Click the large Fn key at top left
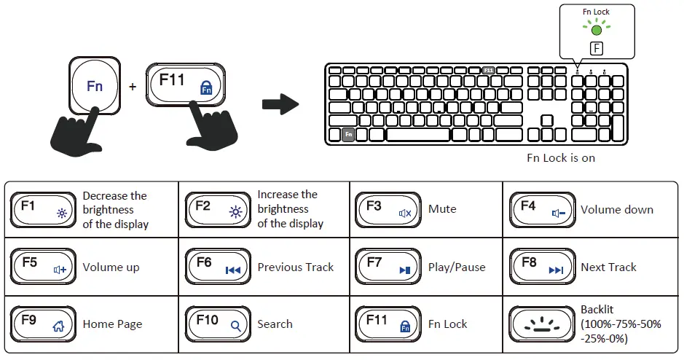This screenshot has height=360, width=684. [95, 86]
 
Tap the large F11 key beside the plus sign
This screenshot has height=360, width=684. [186, 86]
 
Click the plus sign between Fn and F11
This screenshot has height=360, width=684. [133, 87]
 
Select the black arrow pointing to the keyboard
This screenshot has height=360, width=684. [280, 104]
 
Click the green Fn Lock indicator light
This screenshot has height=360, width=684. [597, 31]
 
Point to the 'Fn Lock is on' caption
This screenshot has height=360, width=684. [561, 157]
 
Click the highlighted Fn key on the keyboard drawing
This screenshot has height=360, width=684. [348, 135]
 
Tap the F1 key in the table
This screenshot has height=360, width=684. [43, 209]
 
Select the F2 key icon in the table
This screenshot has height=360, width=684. [217, 209]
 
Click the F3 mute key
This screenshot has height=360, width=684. [388, 209]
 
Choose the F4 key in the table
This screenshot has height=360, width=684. [541, 209]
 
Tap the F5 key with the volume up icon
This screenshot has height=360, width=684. [43, 267]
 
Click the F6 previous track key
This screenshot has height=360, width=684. [217, 267]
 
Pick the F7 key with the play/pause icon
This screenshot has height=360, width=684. [388, 267]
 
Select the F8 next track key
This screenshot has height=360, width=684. [541, 267]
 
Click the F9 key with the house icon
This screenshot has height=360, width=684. [43, 324]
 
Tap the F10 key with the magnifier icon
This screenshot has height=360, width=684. [217, 324]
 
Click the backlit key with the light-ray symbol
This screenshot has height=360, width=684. [541, 324]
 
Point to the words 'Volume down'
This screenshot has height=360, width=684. [616, 210]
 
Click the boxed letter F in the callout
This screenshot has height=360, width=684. [597, 50]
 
